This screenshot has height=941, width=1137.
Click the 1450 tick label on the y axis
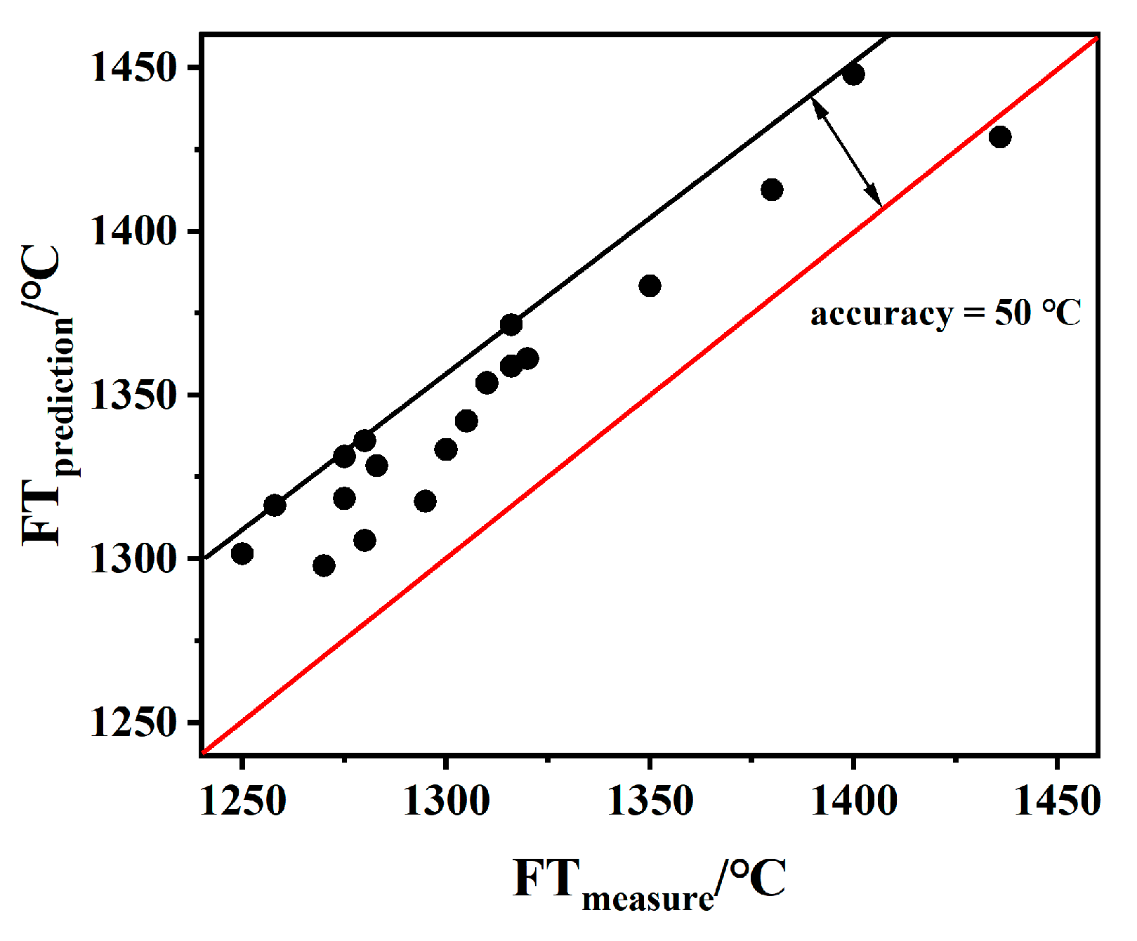132,68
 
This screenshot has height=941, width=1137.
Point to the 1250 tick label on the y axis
132,723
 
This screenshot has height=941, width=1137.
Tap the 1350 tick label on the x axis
650,801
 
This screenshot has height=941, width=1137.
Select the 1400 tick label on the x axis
853,801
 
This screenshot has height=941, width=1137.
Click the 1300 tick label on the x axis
446,801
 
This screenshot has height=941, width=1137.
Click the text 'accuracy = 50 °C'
945,313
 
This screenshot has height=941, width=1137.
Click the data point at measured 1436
1000,137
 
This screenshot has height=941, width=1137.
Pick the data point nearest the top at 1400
853,74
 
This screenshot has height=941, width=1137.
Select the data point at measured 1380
772,190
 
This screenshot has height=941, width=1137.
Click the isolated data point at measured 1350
650,286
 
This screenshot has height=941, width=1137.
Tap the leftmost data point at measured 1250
242,553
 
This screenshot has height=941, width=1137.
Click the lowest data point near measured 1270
324,565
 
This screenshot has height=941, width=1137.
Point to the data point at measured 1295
425,501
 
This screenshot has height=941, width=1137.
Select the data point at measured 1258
275,505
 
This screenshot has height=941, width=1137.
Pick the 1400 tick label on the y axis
132,232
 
